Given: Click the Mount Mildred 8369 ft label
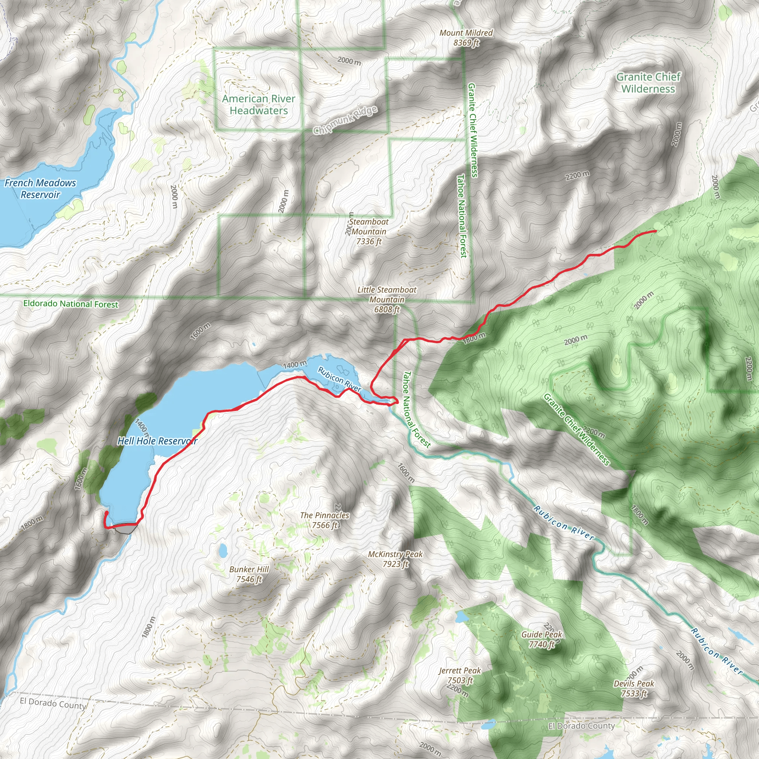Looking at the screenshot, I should (466, 38).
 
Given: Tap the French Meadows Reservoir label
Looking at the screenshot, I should (40, 189).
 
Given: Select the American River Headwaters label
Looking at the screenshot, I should (259, 105).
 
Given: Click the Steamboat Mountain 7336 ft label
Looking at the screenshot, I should (368, 232).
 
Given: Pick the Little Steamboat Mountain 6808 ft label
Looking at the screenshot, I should (387, 299).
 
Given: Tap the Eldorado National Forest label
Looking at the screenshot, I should (71, 304).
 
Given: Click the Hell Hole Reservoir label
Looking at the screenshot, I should (157, 441).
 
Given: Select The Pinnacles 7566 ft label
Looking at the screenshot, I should (325, 520).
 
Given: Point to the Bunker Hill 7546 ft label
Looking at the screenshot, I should (249, 574).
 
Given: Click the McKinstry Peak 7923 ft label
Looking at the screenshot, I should (395, 559).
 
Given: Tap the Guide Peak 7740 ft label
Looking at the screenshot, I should (541, 639).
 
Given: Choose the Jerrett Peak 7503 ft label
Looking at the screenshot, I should (460, 675).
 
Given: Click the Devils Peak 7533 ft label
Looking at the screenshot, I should (634, 688).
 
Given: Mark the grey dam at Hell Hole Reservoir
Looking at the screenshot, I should (125, 530).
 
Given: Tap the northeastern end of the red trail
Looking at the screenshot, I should (655, 231).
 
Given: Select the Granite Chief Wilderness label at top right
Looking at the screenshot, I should (648, 83).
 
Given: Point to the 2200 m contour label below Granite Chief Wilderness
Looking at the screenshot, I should (577, 176).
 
